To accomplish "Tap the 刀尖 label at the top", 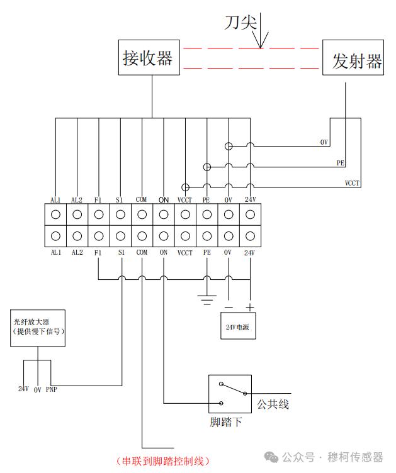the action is pyautogui.click(x=240, y=23).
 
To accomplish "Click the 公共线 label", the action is pyautogui.click(x=273, y=404).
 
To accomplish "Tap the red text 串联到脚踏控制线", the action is pyautogui.click(x=162, y=461).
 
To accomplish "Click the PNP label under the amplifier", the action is pyautogui.click(x=52, y=389).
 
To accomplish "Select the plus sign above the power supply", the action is pyautogui.click(x=250, y=308).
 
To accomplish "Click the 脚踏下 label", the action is pyautogui.click(x=226, y=421).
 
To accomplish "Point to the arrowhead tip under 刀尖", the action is pyautogui.click(x=260, y=48).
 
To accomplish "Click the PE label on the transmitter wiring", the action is pyautogui.click(x=341, y=163).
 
